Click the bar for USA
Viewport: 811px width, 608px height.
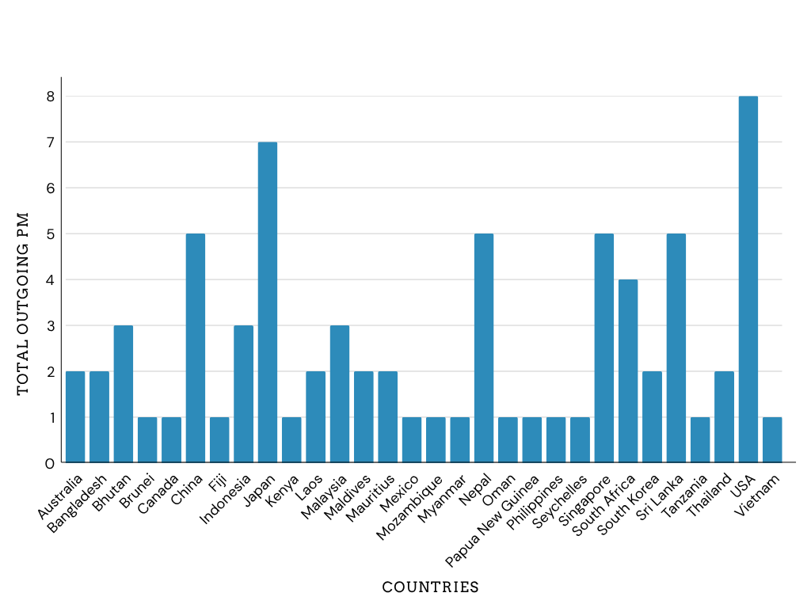pyautogui.click(x=748, y=279)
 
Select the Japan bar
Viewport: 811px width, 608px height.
pyautogui.click(x=268, y=302)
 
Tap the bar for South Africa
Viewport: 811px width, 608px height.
pyautogui.click(x=628, y=370)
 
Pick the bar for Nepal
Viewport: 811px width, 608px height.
pyautogui.click(x=484, y=348)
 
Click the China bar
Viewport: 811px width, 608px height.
pyautogui.click(x=196, y=348)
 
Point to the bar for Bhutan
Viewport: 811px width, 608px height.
pyautogui.click(x=123, y=394)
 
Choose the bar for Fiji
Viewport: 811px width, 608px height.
pyautogui.click(x=219, y=439)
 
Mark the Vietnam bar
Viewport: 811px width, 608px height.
pyautogui.click(x=772, y=439)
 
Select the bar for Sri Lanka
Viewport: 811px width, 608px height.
pyautogui.click(x=676, y=348)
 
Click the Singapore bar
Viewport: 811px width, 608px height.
pyautogui.click(x=604, y=348)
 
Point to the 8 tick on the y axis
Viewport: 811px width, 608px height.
pyautogui.click(x=50, y=97)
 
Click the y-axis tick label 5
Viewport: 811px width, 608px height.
pyautogui.click(x=50, y=234)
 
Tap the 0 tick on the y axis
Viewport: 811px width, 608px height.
pyautogui.click(x=50, y=464)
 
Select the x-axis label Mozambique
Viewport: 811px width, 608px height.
pyautogui.click(x=409, y=507)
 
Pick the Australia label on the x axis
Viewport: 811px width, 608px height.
pyautogui.click(x=60, y=497)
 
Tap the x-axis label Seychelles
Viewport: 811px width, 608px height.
pyautogui.click(x=560, y=501)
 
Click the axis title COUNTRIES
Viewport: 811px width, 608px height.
pyautogui.click(x=430, y=587)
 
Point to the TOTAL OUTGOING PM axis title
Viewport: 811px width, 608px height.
pyautogui.click(x=22, y=304)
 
